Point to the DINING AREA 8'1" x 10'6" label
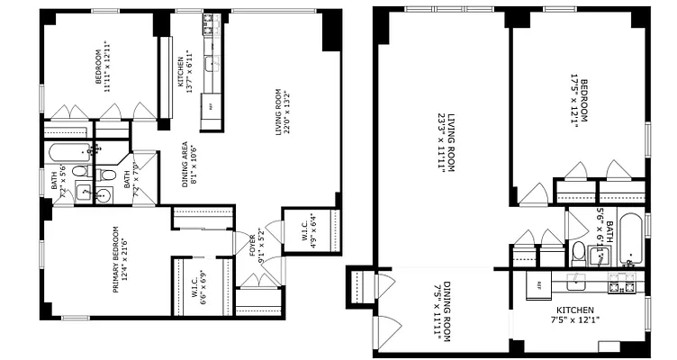pos(189,163)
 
